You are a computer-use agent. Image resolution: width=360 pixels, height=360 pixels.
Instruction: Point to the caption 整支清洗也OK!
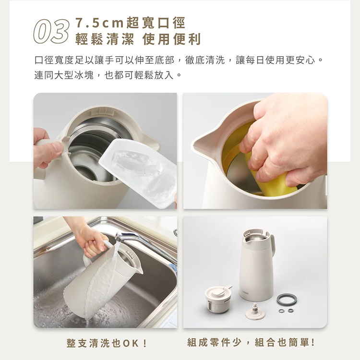107,343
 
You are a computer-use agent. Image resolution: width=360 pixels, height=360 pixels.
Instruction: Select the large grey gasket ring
287,299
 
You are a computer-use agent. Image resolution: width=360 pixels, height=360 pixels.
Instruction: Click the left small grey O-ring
281,311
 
